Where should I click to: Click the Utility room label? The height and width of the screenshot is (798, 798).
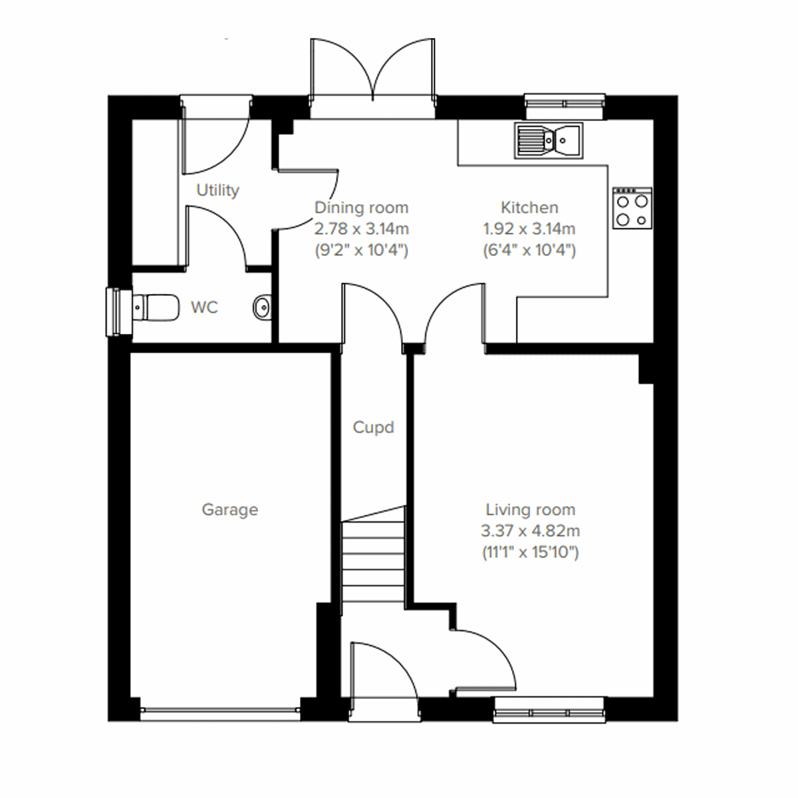(x=217, y=190)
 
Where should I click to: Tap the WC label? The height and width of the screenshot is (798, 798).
(x=204, y=308)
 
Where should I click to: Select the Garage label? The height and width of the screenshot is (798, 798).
(x=229, y=510)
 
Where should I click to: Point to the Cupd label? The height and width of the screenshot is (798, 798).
(x=373, y=428)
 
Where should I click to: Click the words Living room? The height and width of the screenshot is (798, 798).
(x=530, y=510)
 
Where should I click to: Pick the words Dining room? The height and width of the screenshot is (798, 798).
(x=361, y=207)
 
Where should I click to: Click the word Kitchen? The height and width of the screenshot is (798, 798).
(x=529, y=207)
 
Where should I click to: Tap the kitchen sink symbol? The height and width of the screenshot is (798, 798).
(x=548, y=140)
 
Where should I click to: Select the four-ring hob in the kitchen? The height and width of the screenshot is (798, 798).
(x=632, y=209)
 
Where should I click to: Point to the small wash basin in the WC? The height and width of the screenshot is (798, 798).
(x=262, y=307)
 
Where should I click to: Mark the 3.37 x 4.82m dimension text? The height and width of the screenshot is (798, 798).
(x=530, y=531)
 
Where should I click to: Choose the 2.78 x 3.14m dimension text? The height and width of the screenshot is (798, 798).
(x=361, y=229)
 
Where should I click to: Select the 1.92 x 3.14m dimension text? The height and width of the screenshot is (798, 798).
(x=529, y=229)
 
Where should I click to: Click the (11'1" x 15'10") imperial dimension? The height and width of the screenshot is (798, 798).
(x=530, y=553)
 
